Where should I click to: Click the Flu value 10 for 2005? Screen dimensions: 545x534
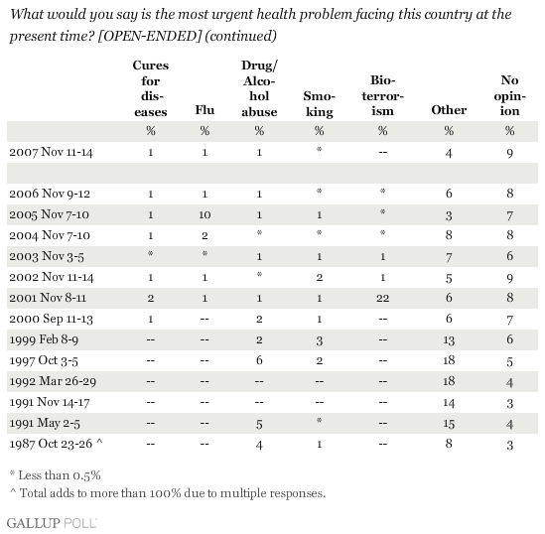[x=204, y=215]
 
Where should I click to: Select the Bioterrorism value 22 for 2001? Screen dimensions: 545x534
[x=382, y=298]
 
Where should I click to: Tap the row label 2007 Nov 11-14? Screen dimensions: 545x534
[x=51, y=152]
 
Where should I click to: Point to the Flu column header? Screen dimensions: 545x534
[x=204, y=110]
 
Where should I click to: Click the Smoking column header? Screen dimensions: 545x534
[x=319, y=104]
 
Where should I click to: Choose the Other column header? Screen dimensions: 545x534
[x=449, y=110]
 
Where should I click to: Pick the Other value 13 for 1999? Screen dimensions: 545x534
[x=449, y=339]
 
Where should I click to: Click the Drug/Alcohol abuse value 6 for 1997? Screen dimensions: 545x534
[x=259, y=360]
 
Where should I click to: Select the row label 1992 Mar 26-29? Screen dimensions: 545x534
[x=53, y=381]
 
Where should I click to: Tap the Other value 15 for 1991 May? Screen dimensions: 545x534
[x=449, y=424]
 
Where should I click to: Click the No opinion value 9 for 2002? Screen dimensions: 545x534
[x=509, y=278]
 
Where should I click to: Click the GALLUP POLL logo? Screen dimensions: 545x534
[x=52, y=523]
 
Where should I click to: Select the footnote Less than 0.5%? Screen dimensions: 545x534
[x=56, y=474]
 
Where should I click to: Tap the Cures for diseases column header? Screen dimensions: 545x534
[x=151, y=88]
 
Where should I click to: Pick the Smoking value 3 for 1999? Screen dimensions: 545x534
[x=319, y=340]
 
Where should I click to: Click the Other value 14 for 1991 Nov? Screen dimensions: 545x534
[x=449, y=403]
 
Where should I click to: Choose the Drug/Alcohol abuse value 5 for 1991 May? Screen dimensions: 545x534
[x=259, y=424]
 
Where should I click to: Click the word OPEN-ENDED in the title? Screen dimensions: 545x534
[x=150, y=36]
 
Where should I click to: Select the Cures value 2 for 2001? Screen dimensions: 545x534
[x=151, y=298]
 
